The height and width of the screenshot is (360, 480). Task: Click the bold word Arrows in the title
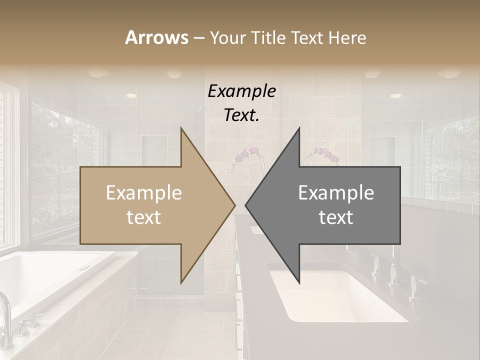click(x=156, y=37)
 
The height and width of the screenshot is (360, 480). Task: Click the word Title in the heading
click(x=268, y=37)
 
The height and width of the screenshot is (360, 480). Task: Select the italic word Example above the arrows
click(x=241, y=91)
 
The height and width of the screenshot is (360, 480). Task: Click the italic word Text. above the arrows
click(x=241, y=115)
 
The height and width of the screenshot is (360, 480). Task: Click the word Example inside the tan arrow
click(x=143, y=193)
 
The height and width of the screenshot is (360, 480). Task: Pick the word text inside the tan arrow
click(x=143, y=217)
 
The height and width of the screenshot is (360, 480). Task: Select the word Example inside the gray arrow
click(x=336, y=193)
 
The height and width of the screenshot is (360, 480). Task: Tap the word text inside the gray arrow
click(x=336, y=217)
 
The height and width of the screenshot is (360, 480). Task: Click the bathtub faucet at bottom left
click(x=6, y=315)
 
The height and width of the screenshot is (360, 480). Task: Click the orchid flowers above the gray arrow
click(x=327, y=155)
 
